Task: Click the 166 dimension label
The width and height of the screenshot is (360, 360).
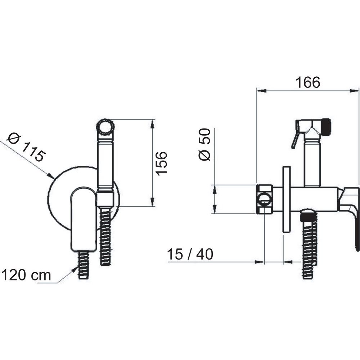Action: (308, 82)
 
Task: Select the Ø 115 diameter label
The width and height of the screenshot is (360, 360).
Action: (26, 147)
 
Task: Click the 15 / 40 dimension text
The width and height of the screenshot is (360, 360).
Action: (190, 254)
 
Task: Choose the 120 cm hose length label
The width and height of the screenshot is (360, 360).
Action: (26, 275)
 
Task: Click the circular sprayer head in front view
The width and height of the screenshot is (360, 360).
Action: (105, 127)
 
